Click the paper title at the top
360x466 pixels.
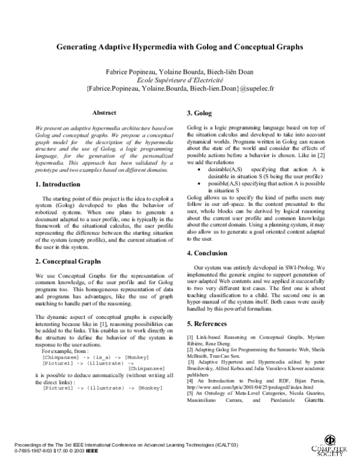(179, 46)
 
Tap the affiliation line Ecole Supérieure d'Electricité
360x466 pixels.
(179, 80)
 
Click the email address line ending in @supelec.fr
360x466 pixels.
(179, 88)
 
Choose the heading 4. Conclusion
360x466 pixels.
(211, 253)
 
